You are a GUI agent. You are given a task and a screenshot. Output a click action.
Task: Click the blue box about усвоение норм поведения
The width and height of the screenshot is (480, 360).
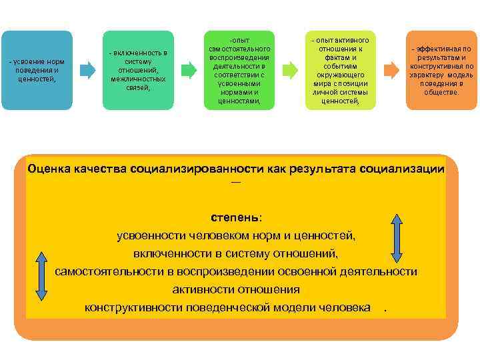point(37,69)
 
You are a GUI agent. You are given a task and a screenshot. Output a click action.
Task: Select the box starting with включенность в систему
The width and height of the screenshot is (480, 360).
point(138,69)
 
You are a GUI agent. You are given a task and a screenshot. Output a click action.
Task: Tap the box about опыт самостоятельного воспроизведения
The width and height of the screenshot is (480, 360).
point(239,69)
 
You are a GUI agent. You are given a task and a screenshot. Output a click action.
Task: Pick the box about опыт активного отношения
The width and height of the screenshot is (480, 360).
point(340,69)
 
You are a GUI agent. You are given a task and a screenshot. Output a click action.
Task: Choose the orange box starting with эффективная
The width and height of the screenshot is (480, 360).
point(441,69)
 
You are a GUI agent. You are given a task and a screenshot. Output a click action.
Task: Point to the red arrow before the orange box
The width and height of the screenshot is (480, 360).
point(393,69)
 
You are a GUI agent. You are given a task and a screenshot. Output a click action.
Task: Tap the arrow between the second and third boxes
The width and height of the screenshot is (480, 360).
point(189,69)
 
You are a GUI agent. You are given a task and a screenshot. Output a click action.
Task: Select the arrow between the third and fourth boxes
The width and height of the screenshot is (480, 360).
point(290,69)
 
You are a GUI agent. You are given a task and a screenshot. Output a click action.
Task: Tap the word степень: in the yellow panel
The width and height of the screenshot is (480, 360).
point(236,217)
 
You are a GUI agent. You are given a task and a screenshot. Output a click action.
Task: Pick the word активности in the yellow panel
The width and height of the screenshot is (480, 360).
point(199,289)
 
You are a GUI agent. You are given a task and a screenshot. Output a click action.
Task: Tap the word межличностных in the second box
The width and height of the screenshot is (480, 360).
point(138,79)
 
